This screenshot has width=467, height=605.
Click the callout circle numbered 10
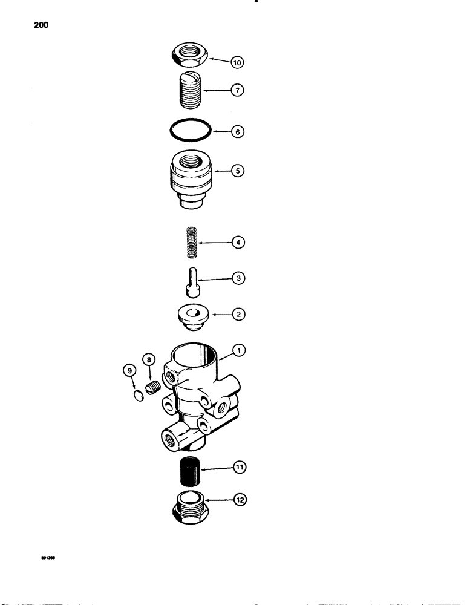237,62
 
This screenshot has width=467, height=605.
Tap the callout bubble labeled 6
237,131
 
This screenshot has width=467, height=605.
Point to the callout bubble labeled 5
237,171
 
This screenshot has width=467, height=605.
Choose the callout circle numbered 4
237,243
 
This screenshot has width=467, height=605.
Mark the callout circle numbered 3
237,278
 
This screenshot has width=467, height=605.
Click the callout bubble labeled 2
237,315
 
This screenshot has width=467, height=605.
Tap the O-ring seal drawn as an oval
190,130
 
